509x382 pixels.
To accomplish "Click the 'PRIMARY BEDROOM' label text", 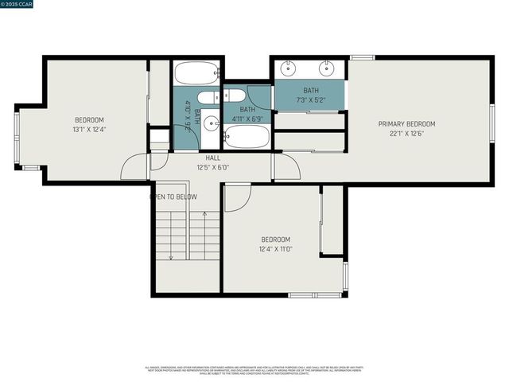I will [x=406, y=123].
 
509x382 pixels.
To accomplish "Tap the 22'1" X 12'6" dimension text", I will [x=406, y=133].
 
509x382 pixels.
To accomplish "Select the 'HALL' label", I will [x=213, y=158].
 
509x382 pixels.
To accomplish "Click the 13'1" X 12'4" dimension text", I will [x=89, y=130].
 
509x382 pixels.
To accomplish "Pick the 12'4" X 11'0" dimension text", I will [x=275, y=249].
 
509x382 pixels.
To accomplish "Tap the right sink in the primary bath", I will [x=327, y=68].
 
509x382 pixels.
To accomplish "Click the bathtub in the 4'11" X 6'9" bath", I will [x=247, y=137].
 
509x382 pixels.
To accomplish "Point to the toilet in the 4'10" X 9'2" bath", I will [x=208, y=98].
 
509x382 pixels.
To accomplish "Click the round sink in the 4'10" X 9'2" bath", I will [x=211, y=123].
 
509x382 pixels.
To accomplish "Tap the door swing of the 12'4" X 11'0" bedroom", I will [x=237, y=199].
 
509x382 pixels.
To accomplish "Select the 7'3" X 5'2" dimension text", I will [x=310, y=100].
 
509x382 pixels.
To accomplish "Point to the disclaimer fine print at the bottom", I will [x=254, y=370].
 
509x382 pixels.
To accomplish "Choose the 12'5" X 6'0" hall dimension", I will [x=213, y=167].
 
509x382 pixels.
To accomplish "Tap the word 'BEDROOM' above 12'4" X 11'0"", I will [x=275, y=240].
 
